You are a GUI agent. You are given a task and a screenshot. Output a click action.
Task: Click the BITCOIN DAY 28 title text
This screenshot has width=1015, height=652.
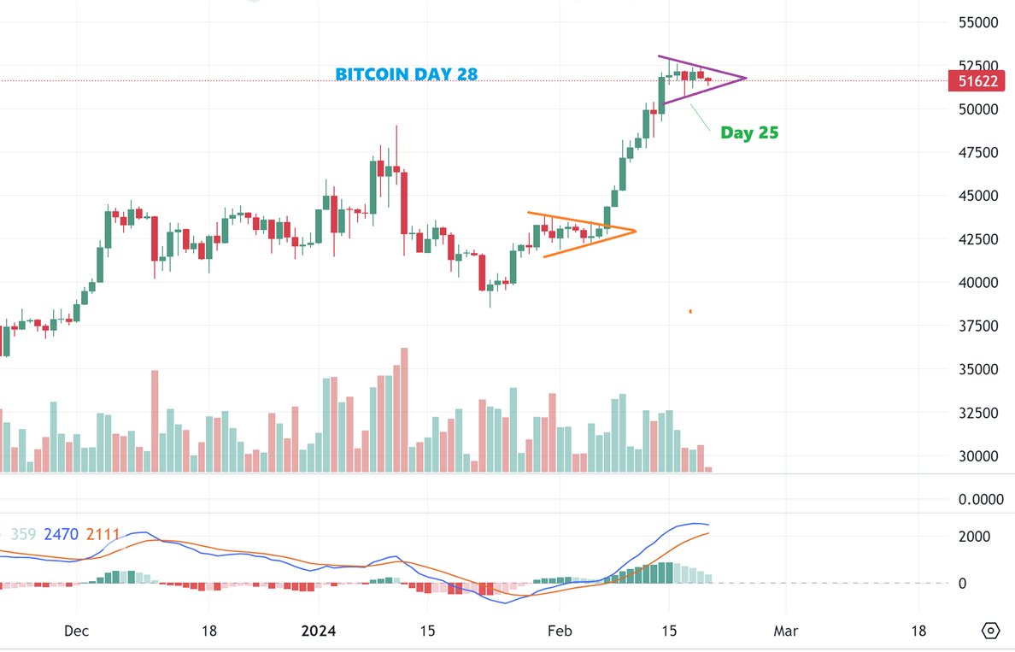(406, 74)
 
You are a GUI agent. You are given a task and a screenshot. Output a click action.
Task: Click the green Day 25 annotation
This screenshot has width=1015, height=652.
(749, 132)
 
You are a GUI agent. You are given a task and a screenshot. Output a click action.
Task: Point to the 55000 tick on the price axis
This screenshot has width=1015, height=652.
(978, 22)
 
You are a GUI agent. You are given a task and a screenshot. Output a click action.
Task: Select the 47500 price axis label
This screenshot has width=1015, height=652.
(978, 152)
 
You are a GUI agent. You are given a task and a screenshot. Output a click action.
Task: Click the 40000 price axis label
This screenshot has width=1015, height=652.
(978, 283)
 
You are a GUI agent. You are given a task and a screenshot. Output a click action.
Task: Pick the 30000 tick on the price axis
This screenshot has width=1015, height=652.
(978, 456)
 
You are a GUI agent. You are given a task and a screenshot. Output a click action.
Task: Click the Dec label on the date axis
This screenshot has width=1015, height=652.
(76, 631)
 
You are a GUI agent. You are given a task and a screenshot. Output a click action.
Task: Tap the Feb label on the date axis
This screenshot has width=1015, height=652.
(560, 631)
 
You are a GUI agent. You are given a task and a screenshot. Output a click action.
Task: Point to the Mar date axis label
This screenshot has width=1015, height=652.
(785, 631)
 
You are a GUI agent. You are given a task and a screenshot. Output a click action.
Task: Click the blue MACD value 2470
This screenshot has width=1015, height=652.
(61, 535)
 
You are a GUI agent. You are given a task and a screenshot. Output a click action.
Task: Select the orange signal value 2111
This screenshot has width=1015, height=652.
(103, 535)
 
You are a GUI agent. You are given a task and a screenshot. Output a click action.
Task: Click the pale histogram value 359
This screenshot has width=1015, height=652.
(23, 535)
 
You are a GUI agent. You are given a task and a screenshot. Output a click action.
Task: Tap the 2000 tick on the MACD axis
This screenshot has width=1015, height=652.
(974, 537)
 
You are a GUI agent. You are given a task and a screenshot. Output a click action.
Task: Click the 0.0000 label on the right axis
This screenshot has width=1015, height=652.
(980, 498)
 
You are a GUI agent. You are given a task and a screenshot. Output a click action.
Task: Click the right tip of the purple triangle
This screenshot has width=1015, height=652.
(746, 79)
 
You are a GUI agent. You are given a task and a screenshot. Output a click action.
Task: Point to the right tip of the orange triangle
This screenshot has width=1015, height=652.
(636, 231)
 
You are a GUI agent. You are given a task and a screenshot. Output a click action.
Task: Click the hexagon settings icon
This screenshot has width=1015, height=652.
(990, 631)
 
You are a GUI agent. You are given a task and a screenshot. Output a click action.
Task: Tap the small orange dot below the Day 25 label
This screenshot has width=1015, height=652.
(690, 312)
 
